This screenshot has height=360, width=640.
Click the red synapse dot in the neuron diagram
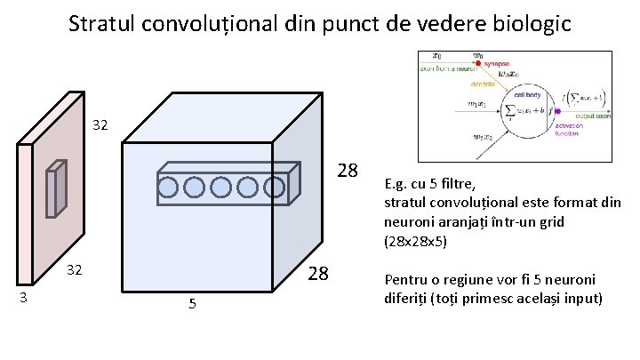point(477,64)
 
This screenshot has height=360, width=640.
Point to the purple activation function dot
point(556,111)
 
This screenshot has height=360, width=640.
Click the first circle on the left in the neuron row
point(169,187)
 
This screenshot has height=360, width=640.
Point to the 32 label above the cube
point(100,126)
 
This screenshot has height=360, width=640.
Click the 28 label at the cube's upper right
point(348,171)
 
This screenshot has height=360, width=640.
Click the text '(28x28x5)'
point(415,241)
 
